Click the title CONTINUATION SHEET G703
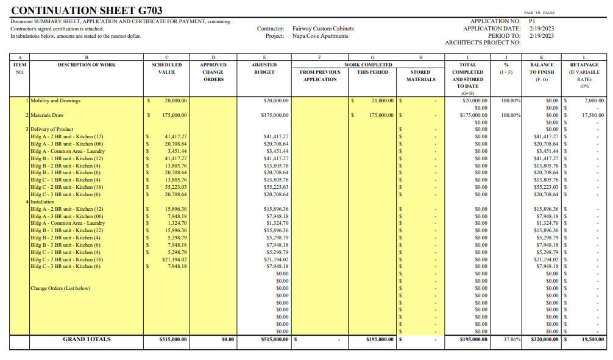[x=87, y=10]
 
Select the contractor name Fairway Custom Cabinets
[x=323, y=29]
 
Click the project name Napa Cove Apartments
[x=321, y=36]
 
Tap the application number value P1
[x=533, y=21]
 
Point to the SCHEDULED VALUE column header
[x=166, y=68]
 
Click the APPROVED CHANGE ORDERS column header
[x=213, y=72]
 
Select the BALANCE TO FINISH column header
[x=542, y=72]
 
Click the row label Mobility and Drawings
[x=55, y=101]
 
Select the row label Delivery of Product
[x=51, y=129]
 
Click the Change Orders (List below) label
[x=60, y=288]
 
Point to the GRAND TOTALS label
[x=87, y=339]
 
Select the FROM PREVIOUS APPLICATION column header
[x=320, y=76]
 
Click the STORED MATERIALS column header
[x=420, y=76]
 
